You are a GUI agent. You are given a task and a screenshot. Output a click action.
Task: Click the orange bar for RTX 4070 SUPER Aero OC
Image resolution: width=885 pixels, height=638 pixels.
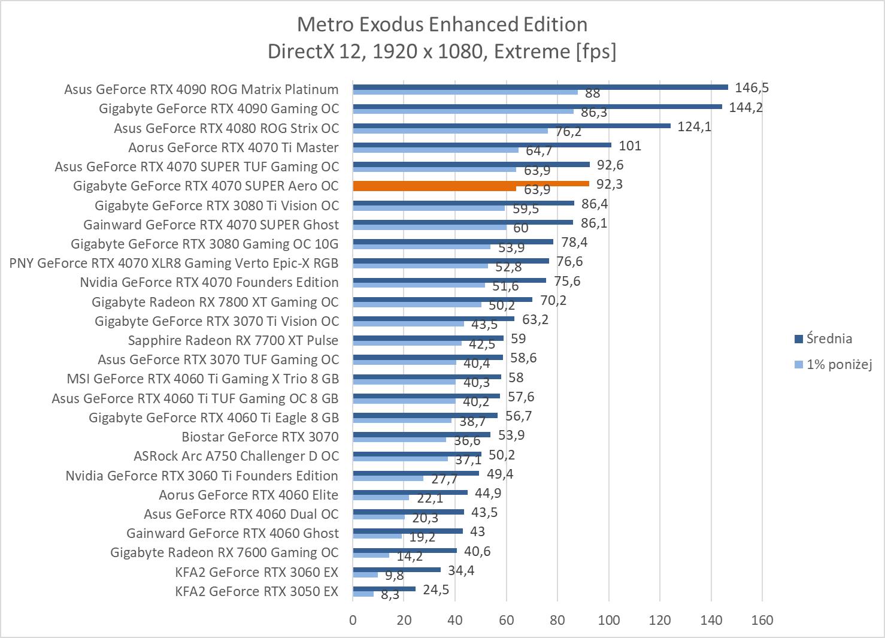click(x=471, y=184)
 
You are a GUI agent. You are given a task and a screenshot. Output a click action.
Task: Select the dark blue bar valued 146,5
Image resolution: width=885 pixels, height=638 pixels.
click(x=540, y=87)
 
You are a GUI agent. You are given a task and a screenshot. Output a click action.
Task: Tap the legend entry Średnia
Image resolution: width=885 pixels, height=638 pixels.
click(x=829, y=338)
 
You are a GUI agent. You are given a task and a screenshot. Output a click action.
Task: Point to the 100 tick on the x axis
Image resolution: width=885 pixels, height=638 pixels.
click(x=608, y=620)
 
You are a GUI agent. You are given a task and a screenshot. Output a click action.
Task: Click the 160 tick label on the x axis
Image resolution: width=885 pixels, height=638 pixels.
click(x=762, y=620)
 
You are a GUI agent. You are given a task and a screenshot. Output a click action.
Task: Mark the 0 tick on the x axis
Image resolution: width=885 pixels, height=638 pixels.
click(x=353, y=620)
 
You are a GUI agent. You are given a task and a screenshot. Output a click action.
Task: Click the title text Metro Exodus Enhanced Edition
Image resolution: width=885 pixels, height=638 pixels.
click(x=442, y=25)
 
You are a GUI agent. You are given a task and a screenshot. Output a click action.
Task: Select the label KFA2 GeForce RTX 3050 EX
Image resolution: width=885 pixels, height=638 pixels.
click(x=256, y=591)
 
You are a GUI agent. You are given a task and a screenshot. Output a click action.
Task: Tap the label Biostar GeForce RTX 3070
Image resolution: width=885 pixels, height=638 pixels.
click(x=260, y=437)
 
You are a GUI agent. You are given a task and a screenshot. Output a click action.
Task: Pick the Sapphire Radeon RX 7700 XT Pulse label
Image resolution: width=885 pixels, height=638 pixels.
click(x=233, y=340)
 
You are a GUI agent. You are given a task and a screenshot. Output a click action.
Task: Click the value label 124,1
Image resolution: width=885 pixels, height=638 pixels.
click(x=694, y=126)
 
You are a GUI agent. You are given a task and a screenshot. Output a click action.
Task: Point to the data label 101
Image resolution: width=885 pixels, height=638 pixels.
click(x=629, y=146)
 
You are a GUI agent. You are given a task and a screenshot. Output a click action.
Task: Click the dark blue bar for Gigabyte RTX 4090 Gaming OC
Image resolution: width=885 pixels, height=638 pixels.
click(x=537, y=107)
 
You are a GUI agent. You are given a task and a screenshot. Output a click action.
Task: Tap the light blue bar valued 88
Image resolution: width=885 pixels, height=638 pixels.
click(x=465, y=92)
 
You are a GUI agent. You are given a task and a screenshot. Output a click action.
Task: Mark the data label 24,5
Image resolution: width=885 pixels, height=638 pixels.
click(x=436, y=589)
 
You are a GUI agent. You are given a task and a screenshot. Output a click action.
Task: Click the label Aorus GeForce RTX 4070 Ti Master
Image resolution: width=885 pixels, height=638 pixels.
click(x=233, y=147)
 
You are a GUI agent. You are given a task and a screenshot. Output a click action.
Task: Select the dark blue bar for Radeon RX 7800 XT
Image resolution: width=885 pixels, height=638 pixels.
click(x=442, y=300)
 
